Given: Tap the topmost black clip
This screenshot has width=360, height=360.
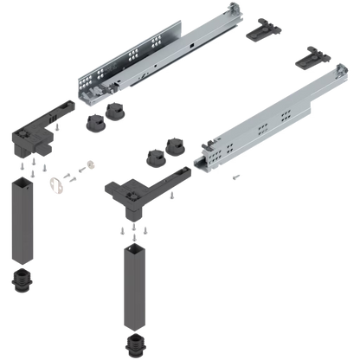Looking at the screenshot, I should point(260,31).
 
